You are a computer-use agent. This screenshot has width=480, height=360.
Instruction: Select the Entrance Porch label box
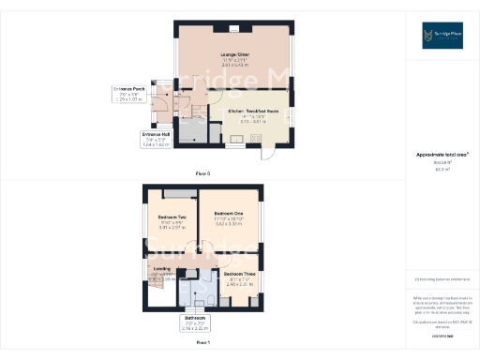pos(131,93)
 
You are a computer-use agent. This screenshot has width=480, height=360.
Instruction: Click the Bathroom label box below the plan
pos(194,325)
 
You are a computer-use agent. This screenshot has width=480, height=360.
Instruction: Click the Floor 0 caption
pos(202,173)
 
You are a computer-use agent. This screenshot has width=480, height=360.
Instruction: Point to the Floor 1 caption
pos(202,344)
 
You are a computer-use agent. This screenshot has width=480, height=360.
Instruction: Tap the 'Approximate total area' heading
pos(442,155)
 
